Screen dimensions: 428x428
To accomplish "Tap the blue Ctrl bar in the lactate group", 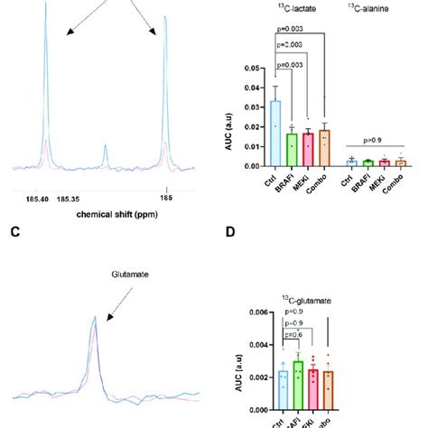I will pos(275,134).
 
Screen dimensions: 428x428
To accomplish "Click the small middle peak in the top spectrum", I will pos(106,161).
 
